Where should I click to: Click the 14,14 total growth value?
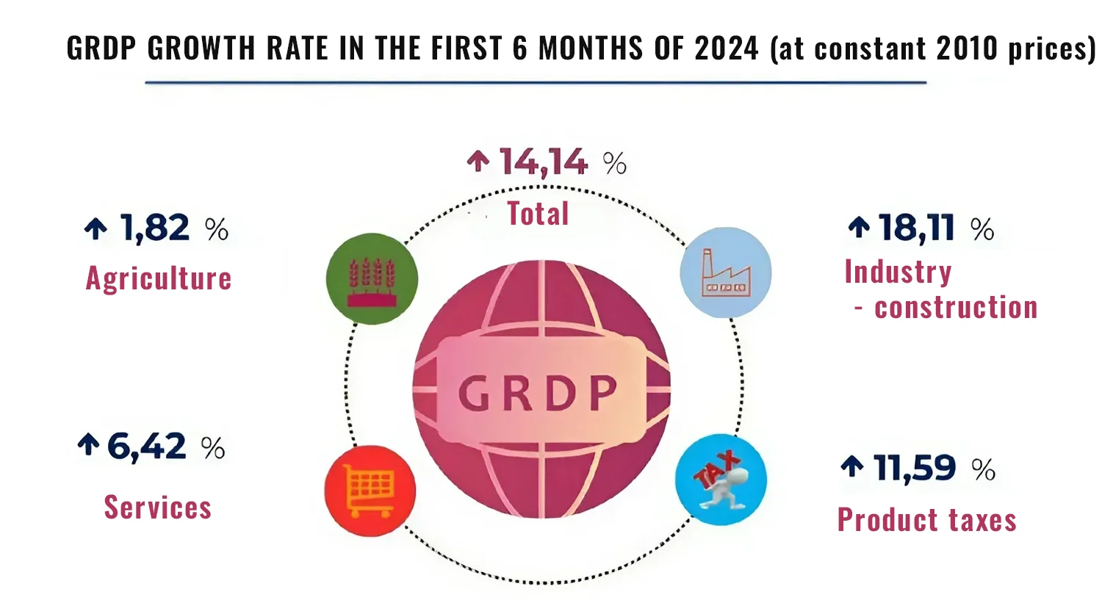pyautogui.click(x=544, y=162)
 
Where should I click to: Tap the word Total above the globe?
pyautogui.click(x=538, y=214)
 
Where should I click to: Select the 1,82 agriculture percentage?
pyautogui.click(x=155, y=228)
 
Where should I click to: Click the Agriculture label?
pyautogui.click(x=159, y=278)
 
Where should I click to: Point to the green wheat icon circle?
pyautogui.click(x=372, y=279)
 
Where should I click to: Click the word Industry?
pyautogui.click(x=898, y=272)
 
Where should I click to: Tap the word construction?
pyautogui.click(x=956, y=308)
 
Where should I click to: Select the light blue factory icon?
pyautogui.click(x=726, y=272)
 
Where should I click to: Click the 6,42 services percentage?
pyautogui.click(x=146, y=447)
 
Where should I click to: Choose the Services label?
pyautogui.click(x=158, y=508)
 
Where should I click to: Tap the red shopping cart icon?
pyautogui.click(x=370, y=491)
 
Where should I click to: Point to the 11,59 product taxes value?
pyautogui.click(x=915, y=468)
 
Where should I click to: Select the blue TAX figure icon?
pyautogui.click(x=721, y=480)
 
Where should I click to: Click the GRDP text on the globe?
pyautogui.click(x=539, y=394)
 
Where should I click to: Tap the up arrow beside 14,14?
pyautogui.click(x=478, y=161)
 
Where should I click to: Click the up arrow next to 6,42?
pyautogui.click(x=88, y=444)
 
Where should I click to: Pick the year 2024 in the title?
pyautogui.click(x=726, y=48)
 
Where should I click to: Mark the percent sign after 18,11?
pyautogui.click(x=982, y=229)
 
